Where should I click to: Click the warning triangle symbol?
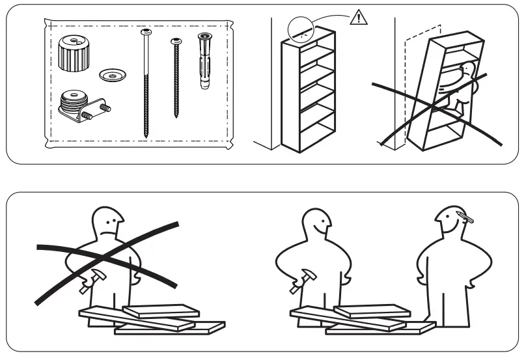pos(358,18)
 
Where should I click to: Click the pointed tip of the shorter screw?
pos(176,115)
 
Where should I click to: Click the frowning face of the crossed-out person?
pos(109,225)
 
